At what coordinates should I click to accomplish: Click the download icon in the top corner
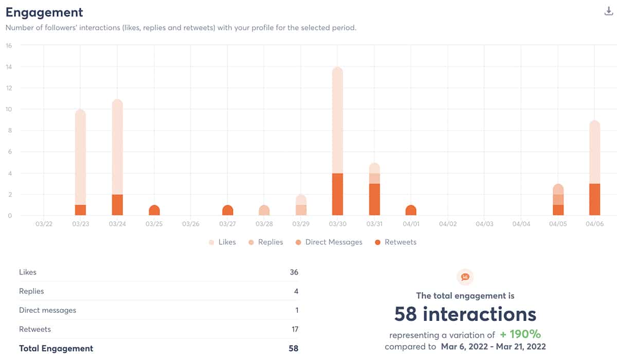[x=609, y=12]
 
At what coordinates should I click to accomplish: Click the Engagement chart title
[x=44, y=12]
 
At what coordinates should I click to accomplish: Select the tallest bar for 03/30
[x=337, y=123]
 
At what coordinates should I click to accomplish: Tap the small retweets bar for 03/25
[x=154, y=210]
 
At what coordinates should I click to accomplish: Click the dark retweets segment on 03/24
[x=117, y=205]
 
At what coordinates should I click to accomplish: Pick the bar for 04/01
[x=411, y=210]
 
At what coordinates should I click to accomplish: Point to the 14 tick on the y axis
[x=9, y=67]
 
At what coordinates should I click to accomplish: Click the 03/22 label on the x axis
[x=44, y=224]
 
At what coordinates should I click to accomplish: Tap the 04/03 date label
[x=484, y=224]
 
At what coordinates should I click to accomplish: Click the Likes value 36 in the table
[x=294, y=272]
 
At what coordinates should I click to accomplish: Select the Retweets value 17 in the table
[x=294, y=329]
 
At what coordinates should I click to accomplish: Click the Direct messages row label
[x=47, y=310]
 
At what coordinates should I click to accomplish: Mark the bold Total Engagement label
[x=56, y=348]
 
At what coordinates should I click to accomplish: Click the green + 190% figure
[x=520, y=334]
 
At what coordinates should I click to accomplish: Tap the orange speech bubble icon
[x=465, y=277]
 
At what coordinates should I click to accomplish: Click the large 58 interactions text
[x=465, y=313]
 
